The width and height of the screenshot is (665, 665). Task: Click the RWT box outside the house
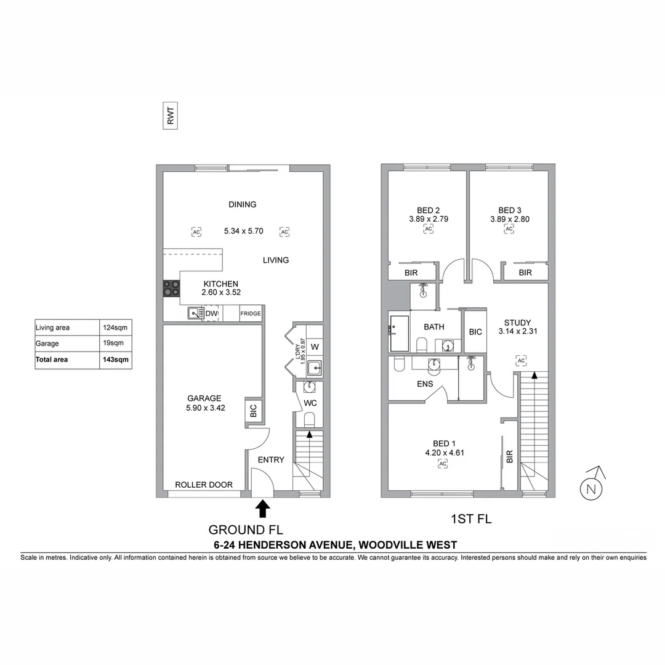(x=170, y=116)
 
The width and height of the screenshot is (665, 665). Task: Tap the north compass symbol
(x=591, y=489)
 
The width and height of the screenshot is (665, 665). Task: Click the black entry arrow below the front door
(x=263, y=508)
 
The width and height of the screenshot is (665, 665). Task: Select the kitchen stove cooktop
(x=171, y=289)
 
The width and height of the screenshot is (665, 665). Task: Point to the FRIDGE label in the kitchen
(x=251, y=314)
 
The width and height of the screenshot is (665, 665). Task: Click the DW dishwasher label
(x=211, y=314)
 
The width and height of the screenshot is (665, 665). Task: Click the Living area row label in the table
(x=53, y=328)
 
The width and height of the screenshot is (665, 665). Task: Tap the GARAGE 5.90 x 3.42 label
(x=204, y=403)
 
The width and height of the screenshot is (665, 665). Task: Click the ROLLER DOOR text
(x=204, y=485)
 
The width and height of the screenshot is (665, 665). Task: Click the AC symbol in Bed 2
(x=428, y=229)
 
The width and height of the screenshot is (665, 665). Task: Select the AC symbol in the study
(x=521, y=360)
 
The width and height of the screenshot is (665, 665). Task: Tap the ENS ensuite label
(x=425, y=384)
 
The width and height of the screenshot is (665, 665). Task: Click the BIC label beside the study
(x=475, y=332)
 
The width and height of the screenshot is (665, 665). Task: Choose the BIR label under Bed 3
(x=525, y=272)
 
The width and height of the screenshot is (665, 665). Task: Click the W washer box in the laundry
(x=314, y=347)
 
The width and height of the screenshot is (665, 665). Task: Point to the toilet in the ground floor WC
(x=309, y=419)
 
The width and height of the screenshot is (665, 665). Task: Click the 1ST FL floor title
(x=471, y=519)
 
